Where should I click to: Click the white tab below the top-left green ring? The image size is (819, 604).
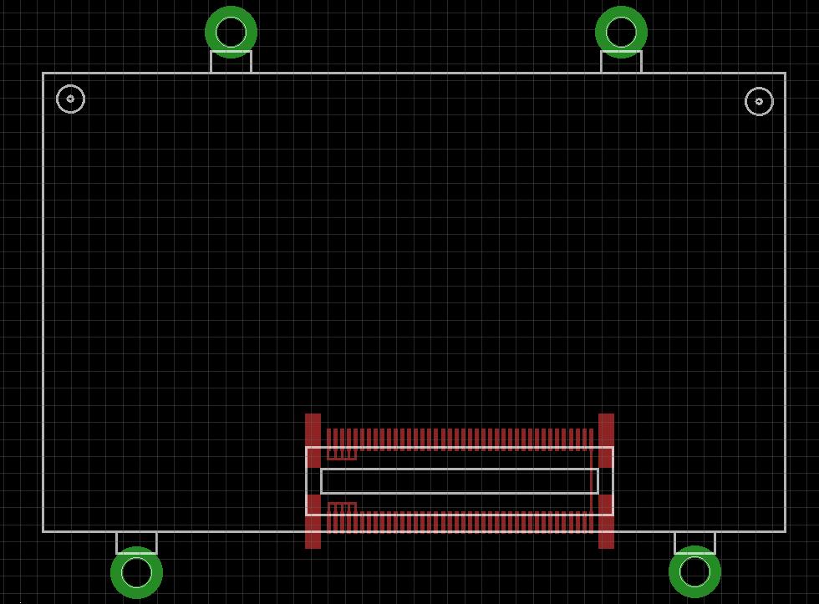[231, 62]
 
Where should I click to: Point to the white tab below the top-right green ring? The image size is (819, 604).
[621, 62]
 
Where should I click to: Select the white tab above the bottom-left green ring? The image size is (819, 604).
[136, 542]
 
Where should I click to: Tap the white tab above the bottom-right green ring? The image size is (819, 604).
[694, 542]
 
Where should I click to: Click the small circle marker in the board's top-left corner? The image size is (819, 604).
[70, 99]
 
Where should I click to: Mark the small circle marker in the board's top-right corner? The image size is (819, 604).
[759, 101]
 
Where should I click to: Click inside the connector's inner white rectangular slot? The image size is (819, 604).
[460, 481]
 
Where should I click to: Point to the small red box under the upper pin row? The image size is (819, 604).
[342, 454]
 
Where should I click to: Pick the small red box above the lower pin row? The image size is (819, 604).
[342, 508]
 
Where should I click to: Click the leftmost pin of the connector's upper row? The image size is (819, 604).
[329, 438]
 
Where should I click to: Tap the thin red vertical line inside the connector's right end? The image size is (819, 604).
[592, 481]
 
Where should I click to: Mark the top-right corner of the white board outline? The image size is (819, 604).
[785, 74]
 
